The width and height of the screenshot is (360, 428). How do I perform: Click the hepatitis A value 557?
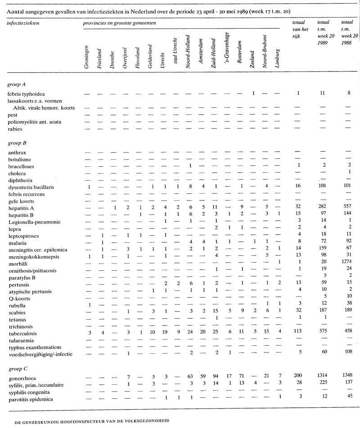347,207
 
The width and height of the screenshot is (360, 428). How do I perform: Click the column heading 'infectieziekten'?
22,22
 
